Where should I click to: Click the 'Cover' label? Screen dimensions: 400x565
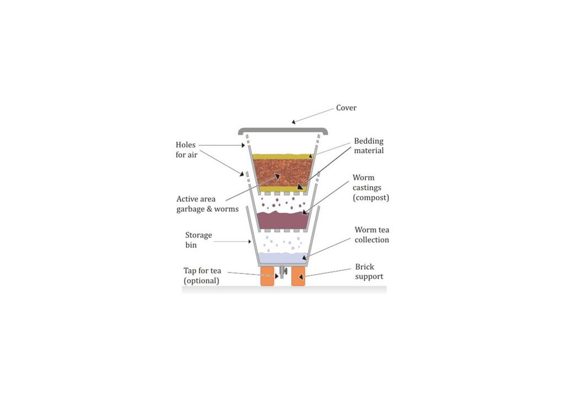[x=347, y=108]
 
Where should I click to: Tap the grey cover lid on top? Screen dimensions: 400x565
[x=282, y=131]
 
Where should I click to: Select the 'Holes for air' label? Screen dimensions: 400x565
[x=186, y=150]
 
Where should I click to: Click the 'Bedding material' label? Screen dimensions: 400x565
[x=369, y=146]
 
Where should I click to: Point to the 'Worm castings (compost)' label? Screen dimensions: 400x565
[x=371, y=188]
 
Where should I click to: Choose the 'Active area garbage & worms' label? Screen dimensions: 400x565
[x=207, y=204]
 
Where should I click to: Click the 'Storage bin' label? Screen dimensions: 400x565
[x=198, y=240]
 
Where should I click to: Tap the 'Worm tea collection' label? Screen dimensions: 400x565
[x=371, y=235]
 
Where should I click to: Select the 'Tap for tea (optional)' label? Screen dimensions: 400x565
[x=202, y=275]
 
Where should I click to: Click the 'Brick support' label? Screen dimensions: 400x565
[x=369, y=271]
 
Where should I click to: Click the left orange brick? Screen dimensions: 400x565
[x=268, y=278]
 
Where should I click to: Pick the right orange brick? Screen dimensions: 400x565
[x=298, y=278]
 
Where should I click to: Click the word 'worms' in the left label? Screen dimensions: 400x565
[x=227, y=209]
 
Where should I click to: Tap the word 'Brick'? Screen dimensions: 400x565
[x=365, y=267]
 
